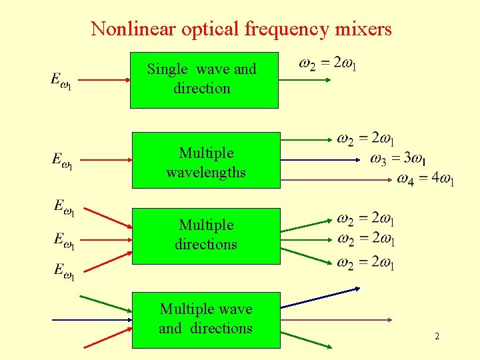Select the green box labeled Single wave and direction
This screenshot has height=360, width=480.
pyautogui.click(x=203, y=80)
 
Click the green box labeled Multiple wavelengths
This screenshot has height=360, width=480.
pyautogui.click(x=206, y=161)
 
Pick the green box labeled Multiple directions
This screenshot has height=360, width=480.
pyautogui.click(x=206, y=236)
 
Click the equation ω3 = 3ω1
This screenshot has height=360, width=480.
pyautogui.click(x=399, y=159)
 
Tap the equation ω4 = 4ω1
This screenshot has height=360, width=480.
pyautogui.click(x=425, y=179)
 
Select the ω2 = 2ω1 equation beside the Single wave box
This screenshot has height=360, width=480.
pyautogui.click(x=328, y=64)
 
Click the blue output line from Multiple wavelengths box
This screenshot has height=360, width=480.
pyautogui.click(x=320, y=161)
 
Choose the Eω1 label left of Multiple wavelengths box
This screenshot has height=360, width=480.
pyautogui.click(x=63, y=161)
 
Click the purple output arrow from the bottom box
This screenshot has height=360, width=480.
pyautogui.click(x=333, y=320)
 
